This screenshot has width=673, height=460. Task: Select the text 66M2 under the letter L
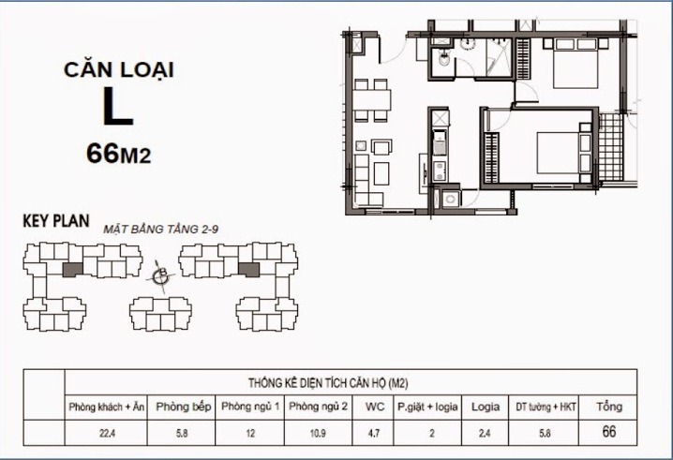117,153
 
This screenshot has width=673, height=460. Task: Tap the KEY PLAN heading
55,223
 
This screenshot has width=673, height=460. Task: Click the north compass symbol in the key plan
160,274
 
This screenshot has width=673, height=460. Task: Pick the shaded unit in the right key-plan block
249,270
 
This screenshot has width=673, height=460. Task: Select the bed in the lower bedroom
561,152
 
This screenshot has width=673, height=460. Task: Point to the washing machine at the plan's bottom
451,200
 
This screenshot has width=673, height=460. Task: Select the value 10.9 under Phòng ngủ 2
320,433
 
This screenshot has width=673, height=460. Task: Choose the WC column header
373,408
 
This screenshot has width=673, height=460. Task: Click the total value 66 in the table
609,432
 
